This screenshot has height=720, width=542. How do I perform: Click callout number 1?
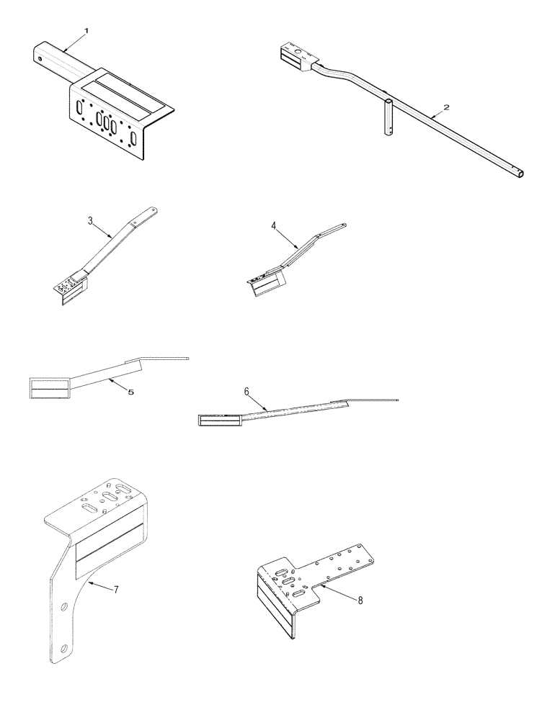86,31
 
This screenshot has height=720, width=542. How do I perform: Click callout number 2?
446,107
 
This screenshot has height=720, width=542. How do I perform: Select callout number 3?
91,220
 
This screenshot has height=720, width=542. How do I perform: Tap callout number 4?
275,225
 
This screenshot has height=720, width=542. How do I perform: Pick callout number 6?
246,391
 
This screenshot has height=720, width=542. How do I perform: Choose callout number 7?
115,590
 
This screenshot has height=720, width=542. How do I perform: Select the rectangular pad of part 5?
48,387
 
